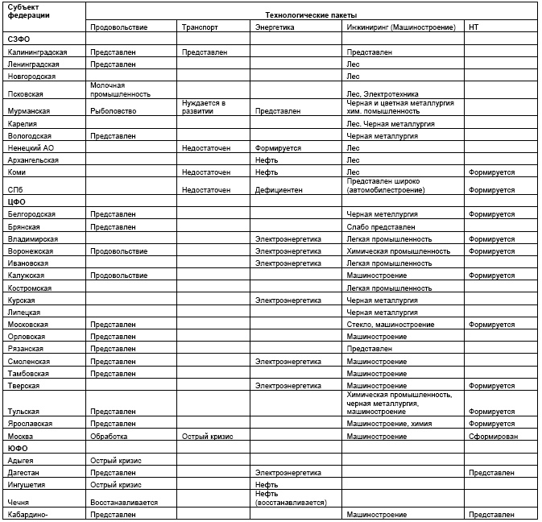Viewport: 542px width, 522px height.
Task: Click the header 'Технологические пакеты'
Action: tap(312, 14)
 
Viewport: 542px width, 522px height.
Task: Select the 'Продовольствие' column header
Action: tap(118, 27)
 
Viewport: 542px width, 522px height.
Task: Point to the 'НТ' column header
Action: tap(474, 27)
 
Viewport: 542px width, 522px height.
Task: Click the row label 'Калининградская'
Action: tap(37, 52)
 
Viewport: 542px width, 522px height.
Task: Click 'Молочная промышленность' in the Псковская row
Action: tap(120, 89)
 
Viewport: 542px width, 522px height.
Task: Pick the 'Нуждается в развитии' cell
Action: tap(204, 107)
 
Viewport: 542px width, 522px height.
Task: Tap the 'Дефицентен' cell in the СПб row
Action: tap(279, 190)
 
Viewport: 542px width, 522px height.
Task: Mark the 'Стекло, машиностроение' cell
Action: tap(391, 325)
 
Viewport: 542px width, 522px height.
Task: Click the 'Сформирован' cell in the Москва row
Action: tap(493, 436)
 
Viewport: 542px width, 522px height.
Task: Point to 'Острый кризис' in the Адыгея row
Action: tap(116, 461)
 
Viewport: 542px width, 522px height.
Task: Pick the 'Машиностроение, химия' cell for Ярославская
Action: tap(388, 423)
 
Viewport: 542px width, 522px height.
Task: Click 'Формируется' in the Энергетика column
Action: tap(278, 148)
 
